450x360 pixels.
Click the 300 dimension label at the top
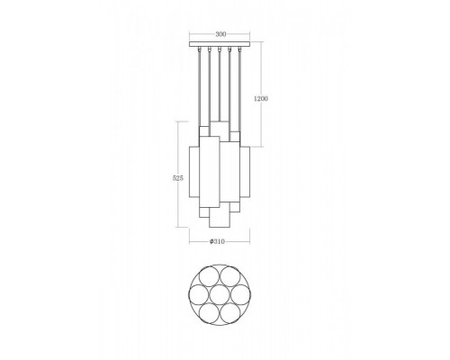220,34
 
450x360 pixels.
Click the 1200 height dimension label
261,98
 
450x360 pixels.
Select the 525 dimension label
178,178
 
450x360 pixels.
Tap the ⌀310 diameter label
218,241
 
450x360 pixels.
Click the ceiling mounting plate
220,44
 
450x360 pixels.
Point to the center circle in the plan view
220,294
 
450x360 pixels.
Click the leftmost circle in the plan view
200,294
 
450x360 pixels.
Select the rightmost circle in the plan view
239,294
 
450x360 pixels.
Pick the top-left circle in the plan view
210,277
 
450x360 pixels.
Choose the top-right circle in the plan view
229,277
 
